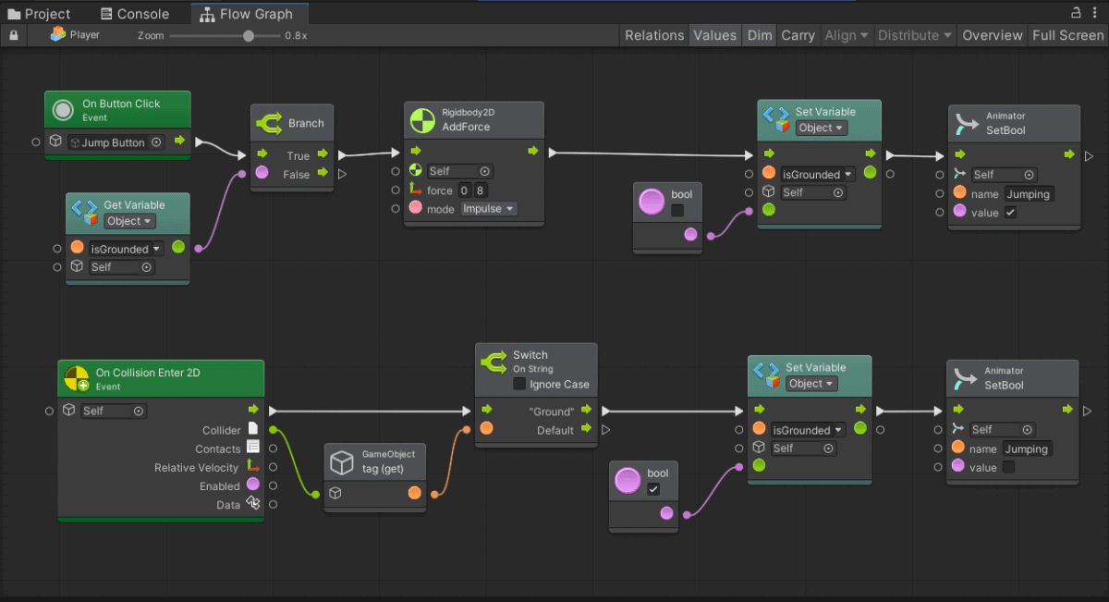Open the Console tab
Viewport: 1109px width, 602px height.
135,14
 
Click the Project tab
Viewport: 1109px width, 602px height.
39,14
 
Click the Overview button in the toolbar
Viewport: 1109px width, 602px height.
992,35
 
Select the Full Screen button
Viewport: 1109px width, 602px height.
1068,35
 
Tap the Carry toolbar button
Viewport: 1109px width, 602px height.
798,35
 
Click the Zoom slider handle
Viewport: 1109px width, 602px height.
249,36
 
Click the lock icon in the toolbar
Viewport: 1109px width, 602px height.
14,35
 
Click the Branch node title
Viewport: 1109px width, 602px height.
306,123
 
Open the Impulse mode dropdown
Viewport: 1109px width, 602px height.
488,209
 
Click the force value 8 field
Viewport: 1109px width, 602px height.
481,190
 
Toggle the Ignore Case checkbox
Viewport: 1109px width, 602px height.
518,384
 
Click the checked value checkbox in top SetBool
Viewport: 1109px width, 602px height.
1010,213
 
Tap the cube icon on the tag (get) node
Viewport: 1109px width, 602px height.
342,461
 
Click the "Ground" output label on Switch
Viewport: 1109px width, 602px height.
551,412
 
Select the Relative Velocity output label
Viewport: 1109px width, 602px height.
196,467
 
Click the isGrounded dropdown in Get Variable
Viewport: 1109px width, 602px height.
126,249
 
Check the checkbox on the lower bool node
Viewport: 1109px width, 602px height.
653,489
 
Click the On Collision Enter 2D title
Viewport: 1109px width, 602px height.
148,373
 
